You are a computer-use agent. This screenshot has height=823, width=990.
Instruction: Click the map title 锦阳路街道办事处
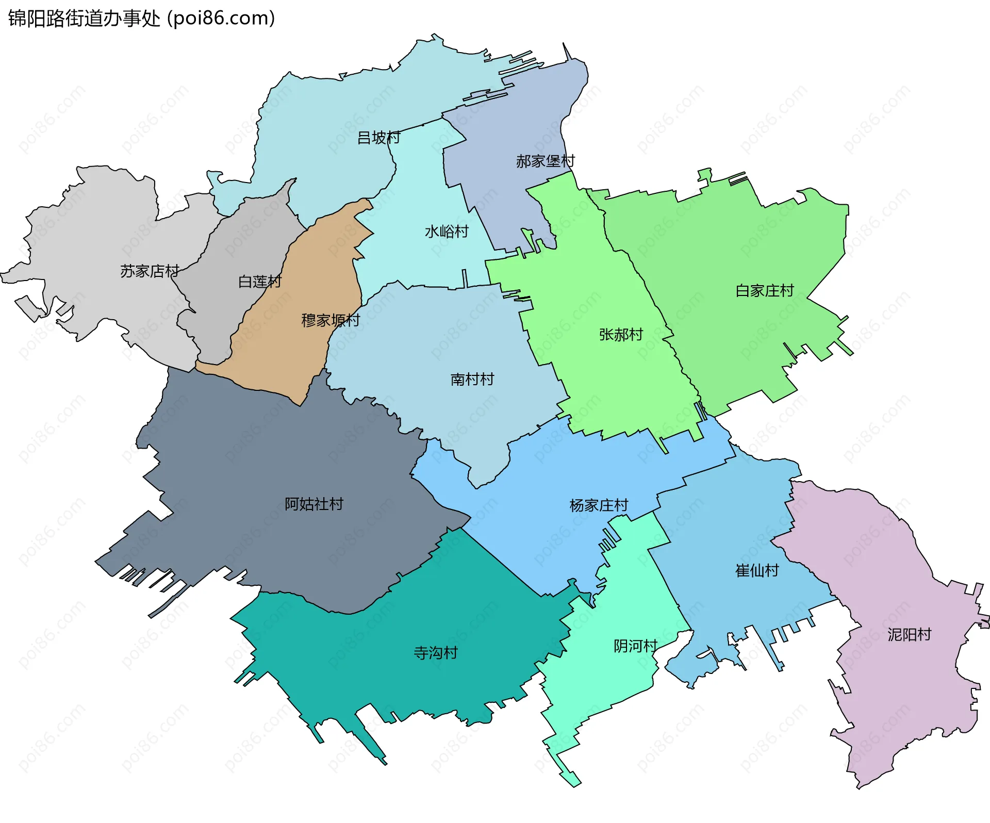coord(84,19)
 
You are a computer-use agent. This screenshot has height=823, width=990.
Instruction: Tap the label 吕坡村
coord(378,138)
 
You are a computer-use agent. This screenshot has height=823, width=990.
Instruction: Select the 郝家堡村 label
coord(545,161)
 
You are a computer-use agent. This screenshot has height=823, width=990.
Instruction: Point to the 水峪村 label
coord(447,232)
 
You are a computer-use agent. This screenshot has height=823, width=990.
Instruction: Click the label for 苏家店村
coord(150,271)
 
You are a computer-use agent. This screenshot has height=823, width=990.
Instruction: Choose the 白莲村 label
coord(260,282)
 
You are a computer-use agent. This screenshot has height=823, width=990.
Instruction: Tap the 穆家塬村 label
coord(331,320)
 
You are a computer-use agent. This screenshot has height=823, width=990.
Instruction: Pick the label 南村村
coord(472,380)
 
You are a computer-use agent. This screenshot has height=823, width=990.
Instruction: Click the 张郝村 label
coord(621,335)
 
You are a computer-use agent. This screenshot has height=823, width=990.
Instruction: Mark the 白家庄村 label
coord(765,291)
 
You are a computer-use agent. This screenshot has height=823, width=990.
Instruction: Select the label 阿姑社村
coord(314,504)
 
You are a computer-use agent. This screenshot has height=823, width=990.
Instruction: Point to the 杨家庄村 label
coord(599,505)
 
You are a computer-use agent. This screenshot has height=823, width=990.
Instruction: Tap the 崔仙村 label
coord(757,570)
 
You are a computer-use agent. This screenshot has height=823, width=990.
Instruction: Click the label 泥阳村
coord(910,634)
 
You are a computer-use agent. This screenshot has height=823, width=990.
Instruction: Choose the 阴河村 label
coord(635,646)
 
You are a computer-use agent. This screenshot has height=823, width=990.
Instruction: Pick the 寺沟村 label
coord(436,653)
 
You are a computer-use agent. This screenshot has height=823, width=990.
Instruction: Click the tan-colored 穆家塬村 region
coord(289,356)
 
